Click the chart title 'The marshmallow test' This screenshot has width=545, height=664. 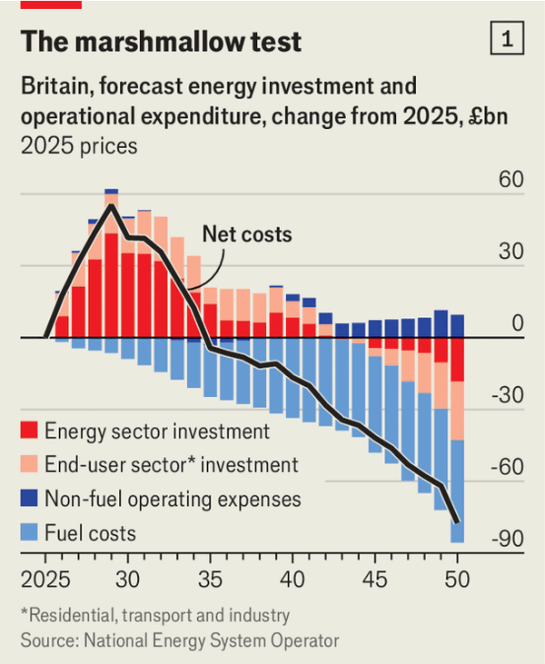(161, 41)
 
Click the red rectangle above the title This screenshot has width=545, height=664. (51, 4)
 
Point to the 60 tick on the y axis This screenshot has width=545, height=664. (511, 179)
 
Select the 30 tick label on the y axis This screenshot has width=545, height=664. (511, 252)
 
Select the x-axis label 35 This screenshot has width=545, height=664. (210, 580)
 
